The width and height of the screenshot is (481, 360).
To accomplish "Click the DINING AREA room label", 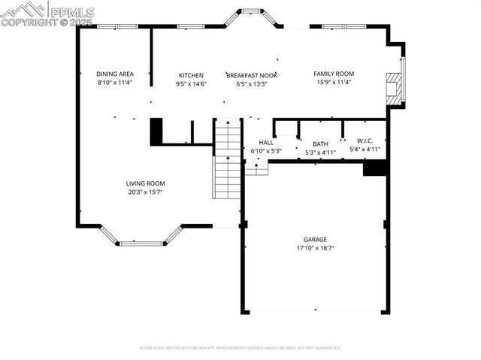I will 115,74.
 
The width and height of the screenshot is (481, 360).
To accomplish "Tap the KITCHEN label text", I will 191,75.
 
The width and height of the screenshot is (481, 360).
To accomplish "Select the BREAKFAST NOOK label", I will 252,75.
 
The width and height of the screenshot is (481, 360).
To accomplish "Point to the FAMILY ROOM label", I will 334,74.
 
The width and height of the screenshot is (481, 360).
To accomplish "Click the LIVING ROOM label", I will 145,183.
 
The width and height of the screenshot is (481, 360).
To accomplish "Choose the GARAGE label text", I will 315,240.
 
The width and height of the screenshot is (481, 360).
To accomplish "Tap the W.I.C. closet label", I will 365,141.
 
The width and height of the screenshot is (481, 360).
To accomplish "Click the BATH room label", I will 321,144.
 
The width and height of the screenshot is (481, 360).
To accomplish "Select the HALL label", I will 266,142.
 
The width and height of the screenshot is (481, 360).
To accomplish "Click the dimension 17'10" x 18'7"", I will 315,248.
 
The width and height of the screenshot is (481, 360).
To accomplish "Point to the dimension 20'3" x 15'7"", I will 145,192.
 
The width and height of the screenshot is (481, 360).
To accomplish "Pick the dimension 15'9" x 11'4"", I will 334,83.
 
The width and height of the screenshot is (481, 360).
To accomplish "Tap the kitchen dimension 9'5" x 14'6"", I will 191,83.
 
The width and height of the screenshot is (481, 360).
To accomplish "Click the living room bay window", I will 142,243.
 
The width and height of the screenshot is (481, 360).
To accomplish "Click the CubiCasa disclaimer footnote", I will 240,348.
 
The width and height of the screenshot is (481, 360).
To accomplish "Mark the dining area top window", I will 117,26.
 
